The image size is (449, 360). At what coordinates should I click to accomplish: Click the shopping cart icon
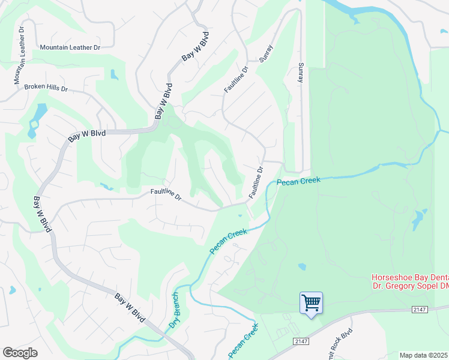point(312,302)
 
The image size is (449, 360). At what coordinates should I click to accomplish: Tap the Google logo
point(20,352)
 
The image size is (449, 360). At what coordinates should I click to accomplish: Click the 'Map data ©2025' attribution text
point(424,355)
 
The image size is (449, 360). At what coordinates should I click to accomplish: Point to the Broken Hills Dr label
point(46,88)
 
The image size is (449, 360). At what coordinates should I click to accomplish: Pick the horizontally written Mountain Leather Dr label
point(70,47)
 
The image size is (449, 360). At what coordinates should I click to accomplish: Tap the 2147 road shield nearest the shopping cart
point(301,341)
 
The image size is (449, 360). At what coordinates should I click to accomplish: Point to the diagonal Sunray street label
point(265,53)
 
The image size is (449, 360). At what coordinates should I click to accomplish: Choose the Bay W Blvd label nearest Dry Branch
point(130,307)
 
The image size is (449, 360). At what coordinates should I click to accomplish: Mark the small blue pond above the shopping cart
point(301,266)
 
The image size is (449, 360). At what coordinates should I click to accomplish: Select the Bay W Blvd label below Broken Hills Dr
point(86,134)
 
